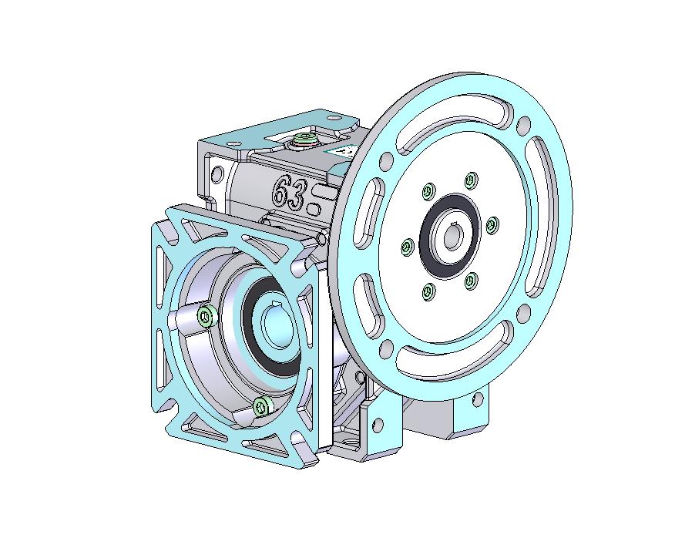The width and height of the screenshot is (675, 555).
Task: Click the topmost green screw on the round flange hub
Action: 472,179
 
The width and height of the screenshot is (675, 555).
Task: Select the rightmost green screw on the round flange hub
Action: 492,224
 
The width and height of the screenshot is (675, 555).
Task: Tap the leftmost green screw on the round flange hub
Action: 408,246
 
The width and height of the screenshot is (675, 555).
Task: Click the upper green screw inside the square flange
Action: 207,317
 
